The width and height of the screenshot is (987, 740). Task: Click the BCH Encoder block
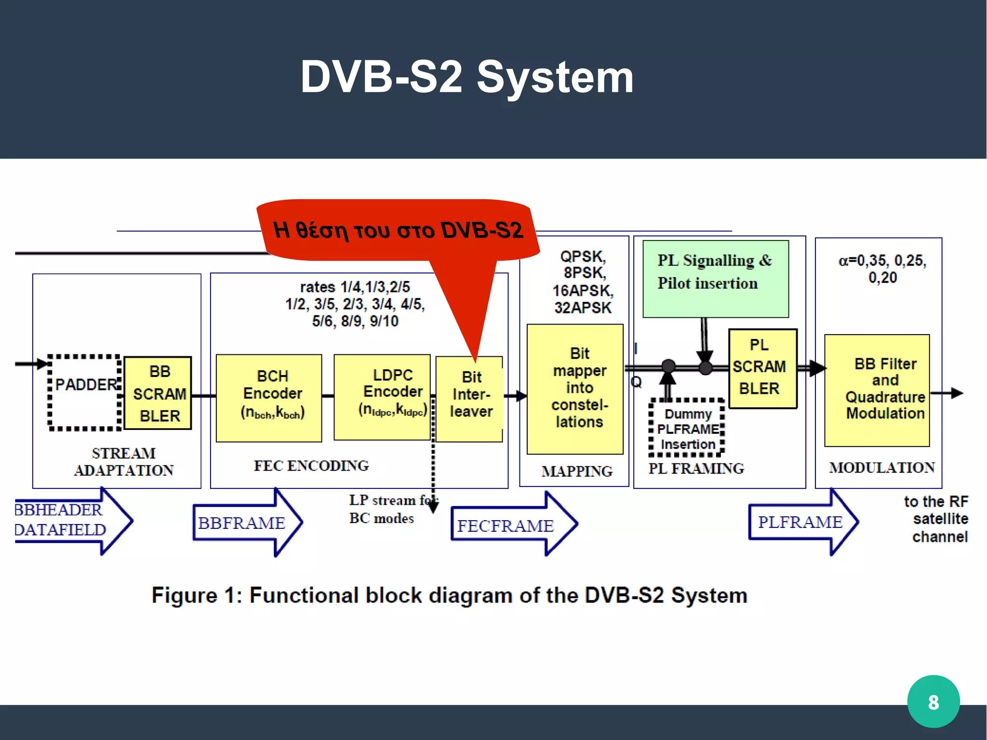269,398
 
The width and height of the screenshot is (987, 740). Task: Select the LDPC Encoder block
382,397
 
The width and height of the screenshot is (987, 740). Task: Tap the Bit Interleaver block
469,399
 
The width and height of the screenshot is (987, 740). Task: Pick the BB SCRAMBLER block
158,393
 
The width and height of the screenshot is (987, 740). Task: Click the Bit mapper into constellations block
575,389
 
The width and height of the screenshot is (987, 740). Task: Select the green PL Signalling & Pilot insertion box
715,279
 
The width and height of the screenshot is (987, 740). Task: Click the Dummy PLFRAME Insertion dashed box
687,429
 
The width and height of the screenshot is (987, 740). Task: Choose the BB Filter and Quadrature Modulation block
877,390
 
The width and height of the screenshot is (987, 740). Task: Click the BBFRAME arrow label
242,523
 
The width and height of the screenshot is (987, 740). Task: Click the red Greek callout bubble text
398,230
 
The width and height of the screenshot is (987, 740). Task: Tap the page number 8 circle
933,701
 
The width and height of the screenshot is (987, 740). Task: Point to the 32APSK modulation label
582,308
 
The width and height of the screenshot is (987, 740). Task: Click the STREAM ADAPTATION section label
123,461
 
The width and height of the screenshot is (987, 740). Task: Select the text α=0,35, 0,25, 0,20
882,269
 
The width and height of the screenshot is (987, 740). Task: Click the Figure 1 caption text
449,595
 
